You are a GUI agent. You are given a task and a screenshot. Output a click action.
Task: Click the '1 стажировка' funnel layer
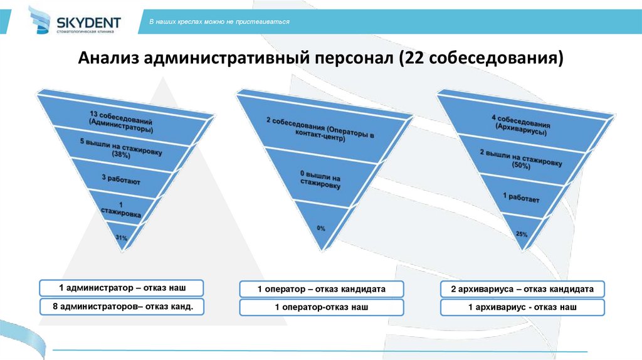click(x=121, y=209)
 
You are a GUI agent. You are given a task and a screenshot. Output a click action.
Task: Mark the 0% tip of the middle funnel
click(x=321, y=228)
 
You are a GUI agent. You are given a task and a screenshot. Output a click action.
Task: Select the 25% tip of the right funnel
click(x=521, y=233)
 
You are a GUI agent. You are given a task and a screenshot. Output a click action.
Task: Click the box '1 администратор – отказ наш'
click(x=122, y=288)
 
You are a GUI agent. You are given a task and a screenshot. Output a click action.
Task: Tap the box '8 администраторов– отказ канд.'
click(x=122, y=307)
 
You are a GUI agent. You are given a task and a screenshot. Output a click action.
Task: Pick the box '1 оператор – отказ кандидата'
click(x=321, y=289)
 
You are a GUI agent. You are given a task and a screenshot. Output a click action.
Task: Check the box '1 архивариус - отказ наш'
click(x=522, y=307)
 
